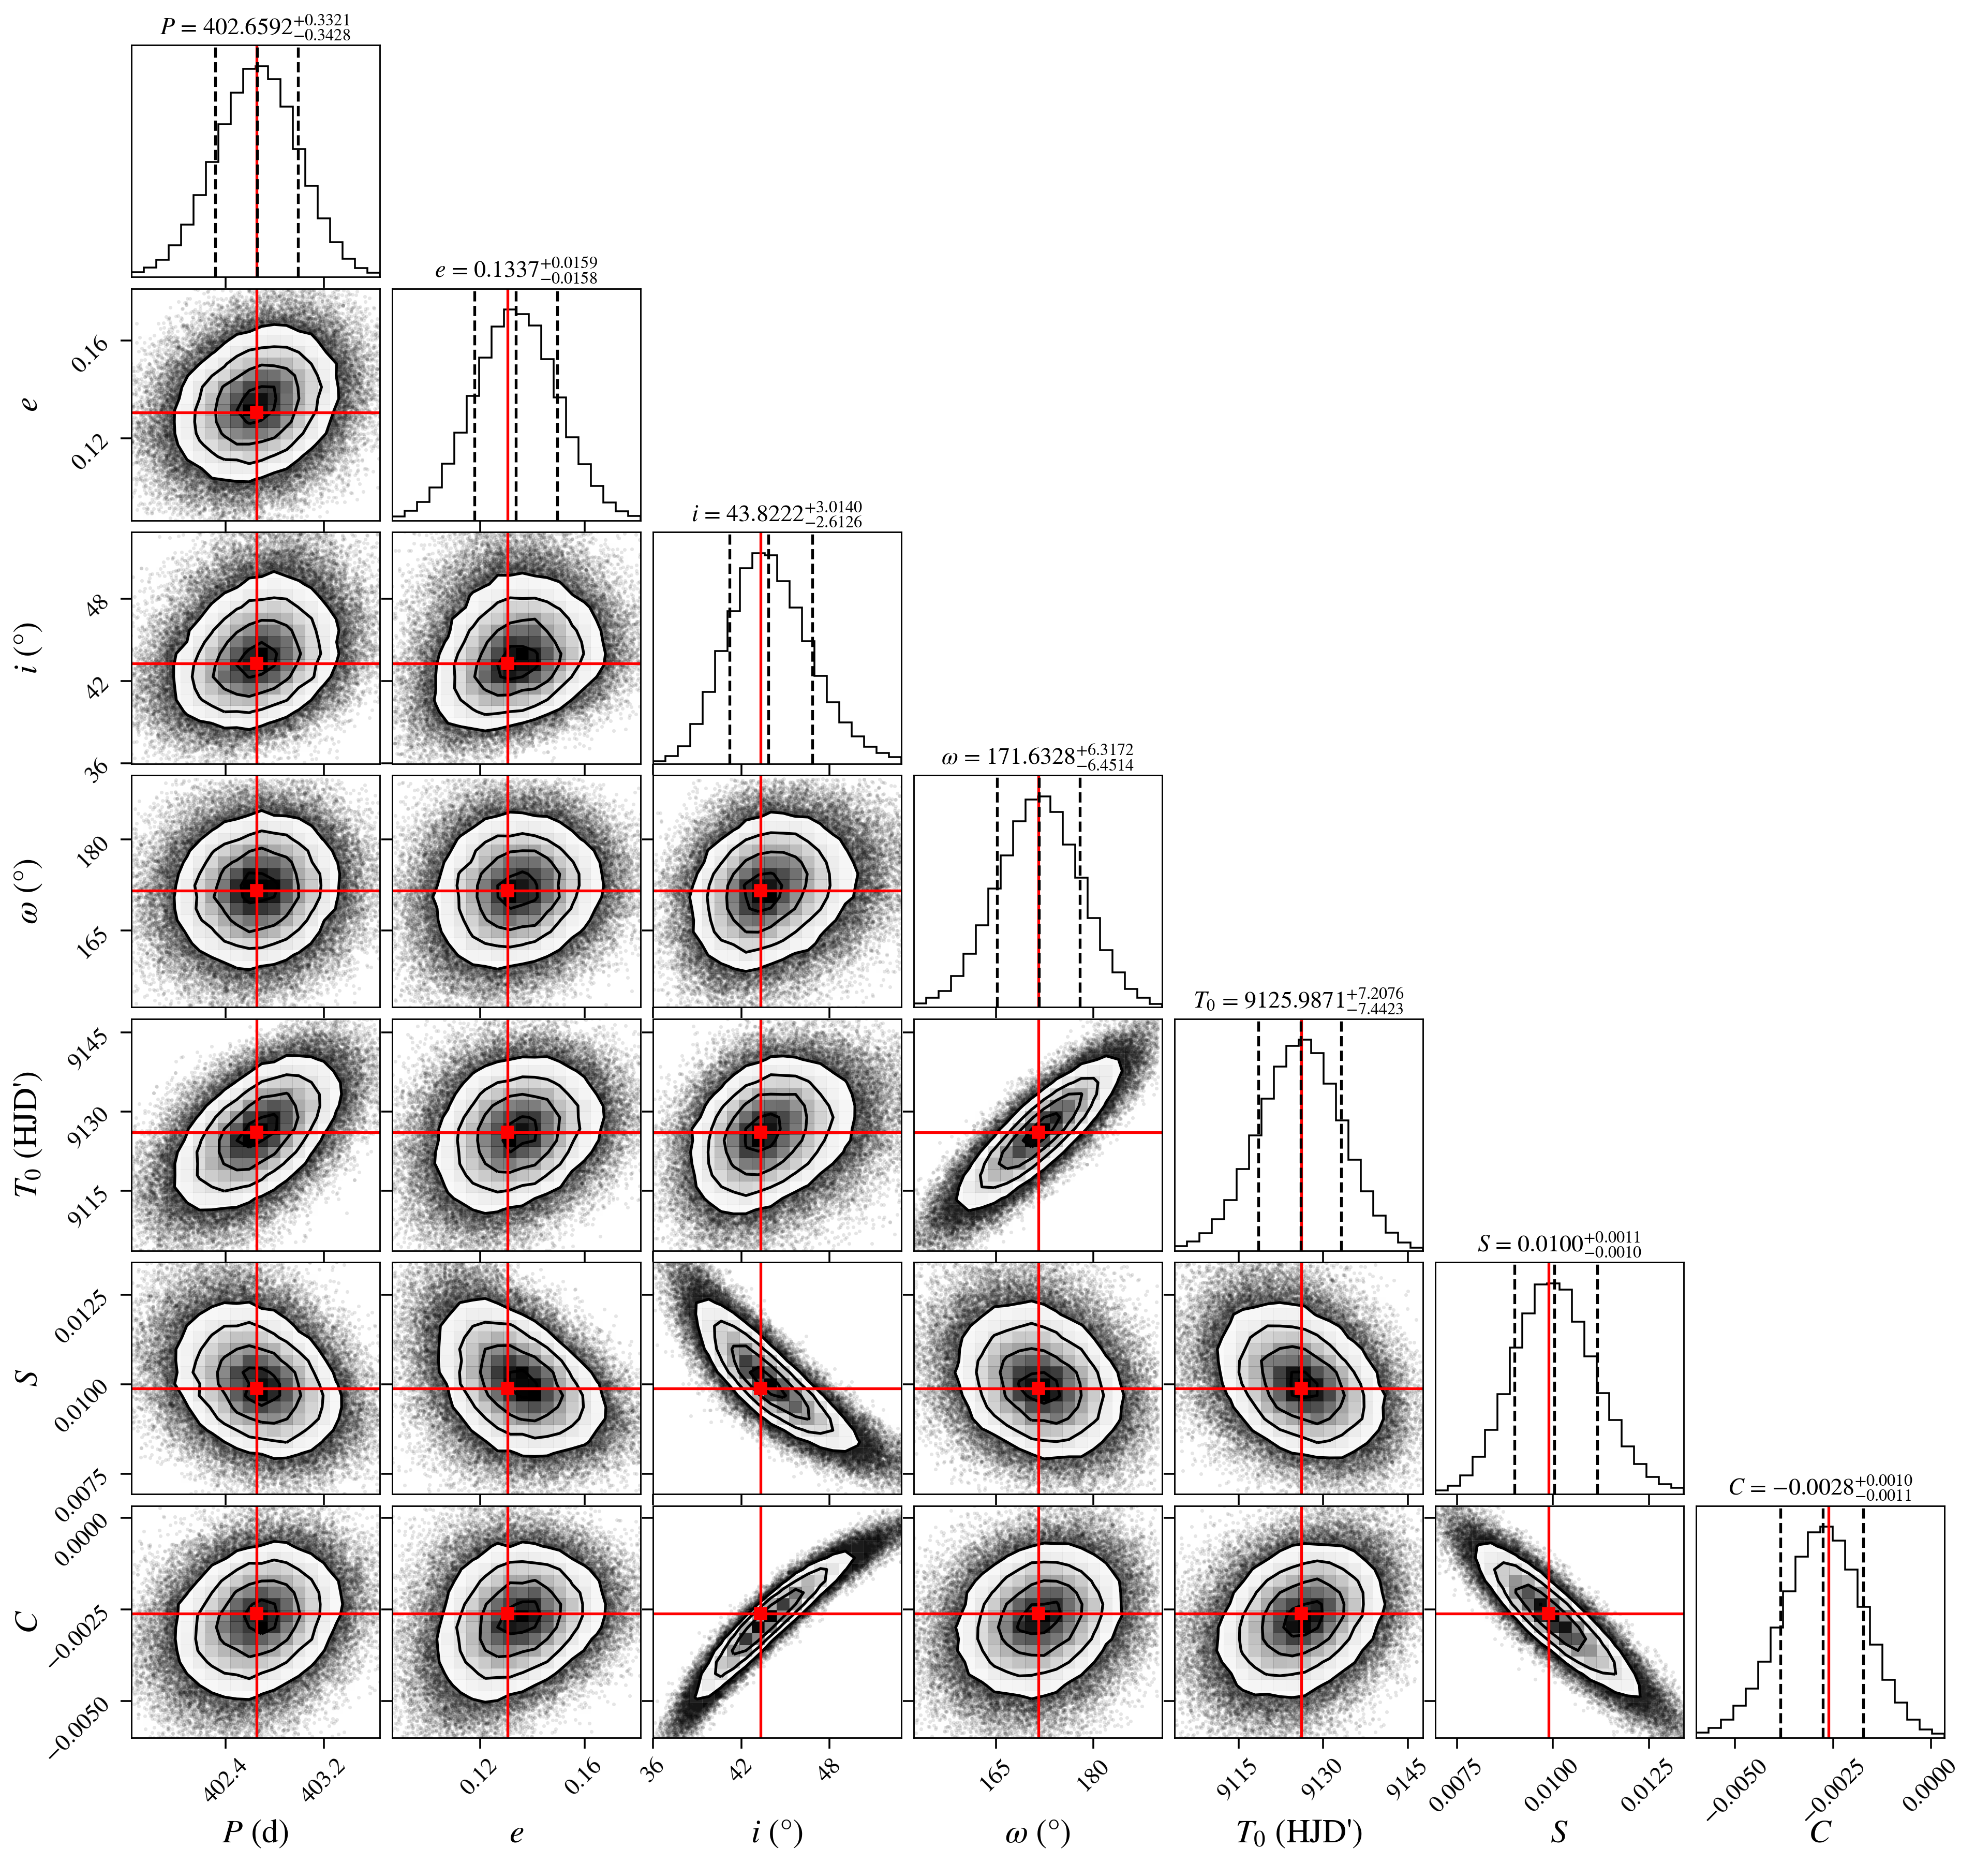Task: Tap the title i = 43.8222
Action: (x=777, y=514)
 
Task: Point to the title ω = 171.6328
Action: (x=1037, y=757)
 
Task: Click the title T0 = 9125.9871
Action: (x=1298, y=1000)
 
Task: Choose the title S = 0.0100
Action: (x=1560, y=1244)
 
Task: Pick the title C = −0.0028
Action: (x=1820, y=1487)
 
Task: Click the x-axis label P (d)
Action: (x=256, y=1831)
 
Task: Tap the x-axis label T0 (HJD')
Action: (x=1298, y=1831)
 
